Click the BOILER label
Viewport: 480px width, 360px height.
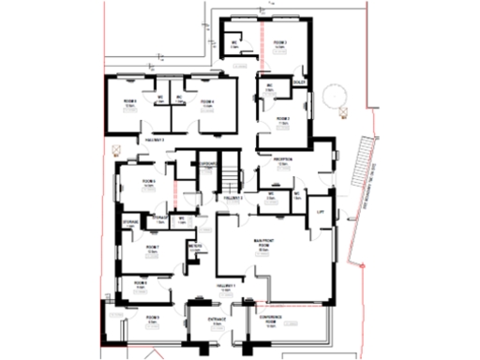(300, 82)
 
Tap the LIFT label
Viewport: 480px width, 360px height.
(322, 213)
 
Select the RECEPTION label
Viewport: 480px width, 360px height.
(283, 159)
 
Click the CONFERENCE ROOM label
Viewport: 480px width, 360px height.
(272, 319)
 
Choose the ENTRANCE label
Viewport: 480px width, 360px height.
(217, 319)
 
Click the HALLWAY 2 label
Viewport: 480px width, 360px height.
(232, 199)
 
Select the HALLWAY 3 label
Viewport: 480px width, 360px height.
(154, 140)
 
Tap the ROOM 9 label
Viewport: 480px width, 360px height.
(151, 319)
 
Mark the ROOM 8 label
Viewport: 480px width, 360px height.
(139, 281)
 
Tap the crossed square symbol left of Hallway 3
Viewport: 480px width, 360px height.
(116, 147)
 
